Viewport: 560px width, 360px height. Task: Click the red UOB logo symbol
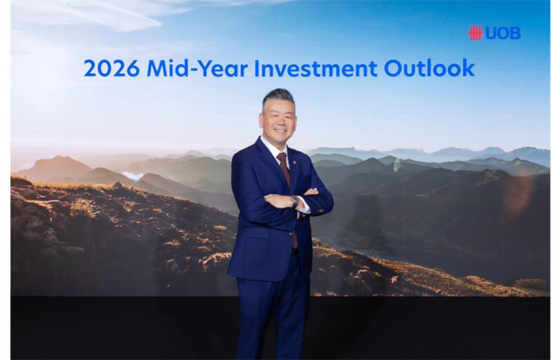[475, 33]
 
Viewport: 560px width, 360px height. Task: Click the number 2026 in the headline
[111, 68]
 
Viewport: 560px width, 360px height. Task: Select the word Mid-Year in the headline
[197, 68]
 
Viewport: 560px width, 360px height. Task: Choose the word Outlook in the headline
[430, 68]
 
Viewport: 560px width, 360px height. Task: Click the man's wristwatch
[295, 202]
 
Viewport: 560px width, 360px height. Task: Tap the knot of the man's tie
[282, 157]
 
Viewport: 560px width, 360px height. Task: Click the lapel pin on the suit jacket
[295, 163]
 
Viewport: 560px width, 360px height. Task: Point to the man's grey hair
[278, 98]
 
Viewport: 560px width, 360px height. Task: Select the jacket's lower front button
[291, 233]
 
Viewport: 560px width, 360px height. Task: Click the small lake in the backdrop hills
[133, 176]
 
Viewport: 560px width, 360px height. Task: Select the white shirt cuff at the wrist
[304, 207]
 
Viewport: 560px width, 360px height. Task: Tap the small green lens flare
[397, 165]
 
